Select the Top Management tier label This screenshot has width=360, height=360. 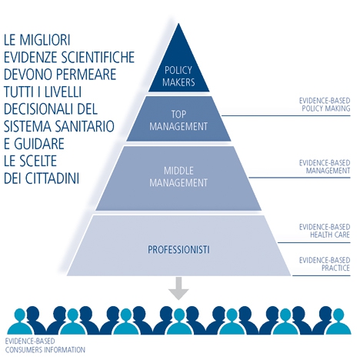click(178, 120)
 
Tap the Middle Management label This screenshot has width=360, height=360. click(178, 177)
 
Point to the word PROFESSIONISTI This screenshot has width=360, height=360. click(178, 249)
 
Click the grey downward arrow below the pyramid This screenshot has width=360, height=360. click(178, 288)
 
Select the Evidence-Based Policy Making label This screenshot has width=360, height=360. click(325, 105)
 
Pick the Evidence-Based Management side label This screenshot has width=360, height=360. click(325, 167)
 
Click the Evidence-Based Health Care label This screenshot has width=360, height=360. click(325, 231)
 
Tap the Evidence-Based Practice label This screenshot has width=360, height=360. click(325, 264)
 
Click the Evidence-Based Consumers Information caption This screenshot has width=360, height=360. click(45, 345)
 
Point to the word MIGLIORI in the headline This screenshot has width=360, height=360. click(45, 40)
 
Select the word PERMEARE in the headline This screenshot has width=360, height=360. click(86, 75)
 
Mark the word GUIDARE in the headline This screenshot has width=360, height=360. click(38, 144)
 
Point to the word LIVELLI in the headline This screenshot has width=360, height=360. click(63, 92)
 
